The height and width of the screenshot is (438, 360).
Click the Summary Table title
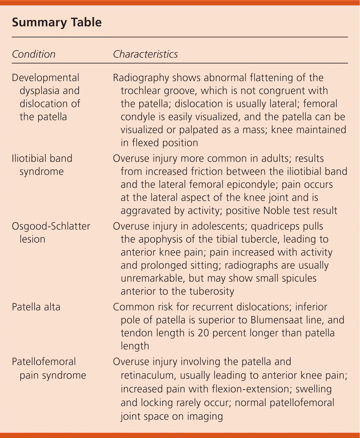pos(57,23)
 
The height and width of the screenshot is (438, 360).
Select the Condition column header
pos(33,54)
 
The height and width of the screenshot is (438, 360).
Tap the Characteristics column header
pos(145,54)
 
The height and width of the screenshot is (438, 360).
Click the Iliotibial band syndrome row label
pos(42,165)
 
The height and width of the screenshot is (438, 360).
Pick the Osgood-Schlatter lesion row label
pos(51,232)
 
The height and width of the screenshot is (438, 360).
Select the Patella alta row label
pos(36,307)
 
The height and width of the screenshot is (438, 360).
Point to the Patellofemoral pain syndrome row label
pos(48,368)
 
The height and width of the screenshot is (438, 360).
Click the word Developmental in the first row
pos(46,78)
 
